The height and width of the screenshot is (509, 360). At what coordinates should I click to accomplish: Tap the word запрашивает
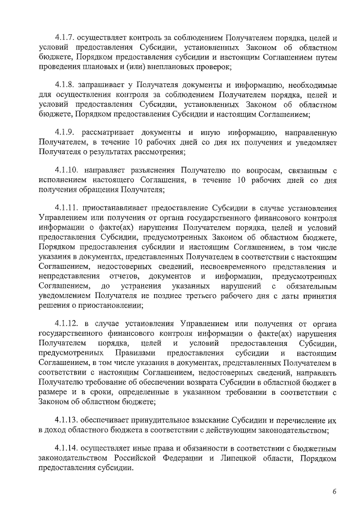(105, 85)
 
